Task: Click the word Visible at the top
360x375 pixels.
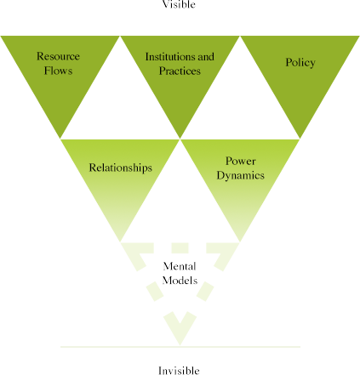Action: click(179, 4)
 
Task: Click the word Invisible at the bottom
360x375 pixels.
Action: click(179, 371)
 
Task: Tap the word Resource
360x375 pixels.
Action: click(58, 56)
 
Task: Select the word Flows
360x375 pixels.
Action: click(58, 71)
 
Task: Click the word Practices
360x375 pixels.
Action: click(180, 71)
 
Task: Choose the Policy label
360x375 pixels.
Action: click(300, 63)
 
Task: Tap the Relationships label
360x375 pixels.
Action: click(121, 168)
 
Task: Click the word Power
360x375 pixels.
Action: click(241, 161)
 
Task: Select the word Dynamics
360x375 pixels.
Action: click(241, 175)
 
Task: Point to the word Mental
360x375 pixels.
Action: click(180, 266)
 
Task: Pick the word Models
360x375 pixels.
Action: click(180, 281)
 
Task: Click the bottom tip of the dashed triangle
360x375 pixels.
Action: click(180, 345)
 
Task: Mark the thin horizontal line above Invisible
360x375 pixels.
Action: click(180, 347)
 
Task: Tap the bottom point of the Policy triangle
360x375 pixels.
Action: click(300, 139)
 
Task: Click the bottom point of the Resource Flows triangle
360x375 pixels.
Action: click(60, 139)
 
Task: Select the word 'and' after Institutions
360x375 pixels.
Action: click(206, 57)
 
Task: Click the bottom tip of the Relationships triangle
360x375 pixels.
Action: click(121, 242)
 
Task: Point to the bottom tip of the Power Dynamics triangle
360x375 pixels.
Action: click(240, 242)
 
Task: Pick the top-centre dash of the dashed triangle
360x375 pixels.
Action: click(180, 247)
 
